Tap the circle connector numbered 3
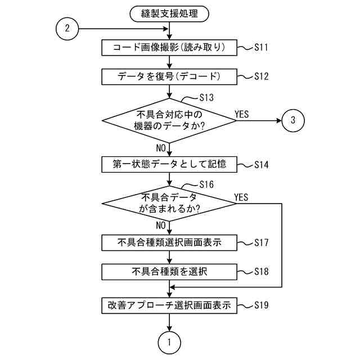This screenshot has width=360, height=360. click(293, 120)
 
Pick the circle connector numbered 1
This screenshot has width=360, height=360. click(169, 341)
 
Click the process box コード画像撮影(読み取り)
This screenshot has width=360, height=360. click(169, 48)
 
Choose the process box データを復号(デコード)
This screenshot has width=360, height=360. click(169, 75)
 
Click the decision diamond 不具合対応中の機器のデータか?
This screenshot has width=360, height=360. click(169, 120)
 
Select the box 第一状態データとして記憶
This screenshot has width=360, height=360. click(169, 165)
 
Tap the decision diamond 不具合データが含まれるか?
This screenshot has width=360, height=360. click(169, 203)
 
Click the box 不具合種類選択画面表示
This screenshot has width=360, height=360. click(169, 243)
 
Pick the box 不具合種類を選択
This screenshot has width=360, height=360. click(169, 271)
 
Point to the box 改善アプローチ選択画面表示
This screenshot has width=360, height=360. click(169, 307)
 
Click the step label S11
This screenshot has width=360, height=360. click(262, 48)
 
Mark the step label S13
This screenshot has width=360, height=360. click(206, 97)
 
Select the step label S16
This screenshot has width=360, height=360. click(206, 184)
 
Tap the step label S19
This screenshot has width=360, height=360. click(262, 306)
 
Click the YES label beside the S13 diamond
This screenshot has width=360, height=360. click(242, 114)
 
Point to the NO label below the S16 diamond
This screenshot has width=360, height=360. click(161, 226)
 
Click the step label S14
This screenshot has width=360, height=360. click(262, 165)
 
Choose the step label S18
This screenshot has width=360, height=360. click(262, 271)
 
